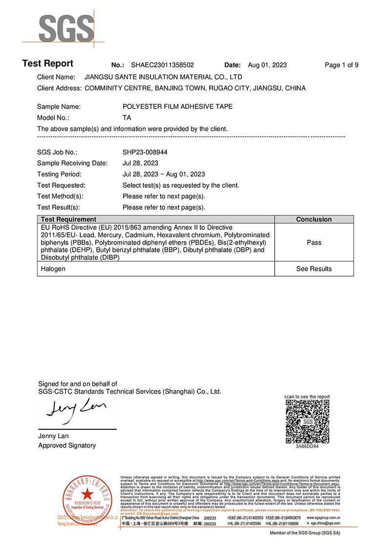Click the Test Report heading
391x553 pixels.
click(x=48, y=64)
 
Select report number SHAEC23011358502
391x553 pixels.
click(x=162, y=65)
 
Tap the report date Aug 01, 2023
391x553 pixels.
click(x=267, y=65)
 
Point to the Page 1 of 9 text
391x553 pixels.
click(x=342, y=65)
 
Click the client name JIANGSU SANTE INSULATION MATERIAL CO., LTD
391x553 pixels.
click(x=163, y=77)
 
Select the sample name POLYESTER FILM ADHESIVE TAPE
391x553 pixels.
click(x=177, y=106)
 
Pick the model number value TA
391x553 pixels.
click(x=127, y=118)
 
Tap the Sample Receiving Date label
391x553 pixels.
click(x=72, y=163)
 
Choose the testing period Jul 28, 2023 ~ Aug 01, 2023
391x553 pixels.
click(x=164, y=175)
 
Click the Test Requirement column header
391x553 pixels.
click(x=68, y=220)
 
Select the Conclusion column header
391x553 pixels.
click(x=314, y=220)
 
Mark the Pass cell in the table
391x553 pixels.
click(x=314, y=243)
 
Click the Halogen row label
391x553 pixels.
click(x=53, y=269)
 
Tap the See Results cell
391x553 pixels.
click(x=314, y=269)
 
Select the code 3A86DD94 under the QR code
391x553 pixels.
click(x=307, y=446)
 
